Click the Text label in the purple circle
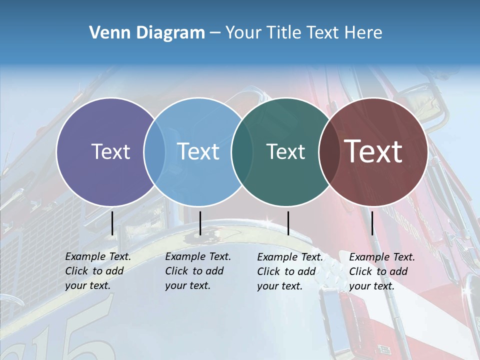click(110, 151)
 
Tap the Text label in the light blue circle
click(198, 151)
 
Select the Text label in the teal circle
click(285, 151)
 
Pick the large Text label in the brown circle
click(373, 151)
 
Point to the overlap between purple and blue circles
click(154, 151)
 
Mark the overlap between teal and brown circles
click(328, 151)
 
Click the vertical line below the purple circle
click(112, 223)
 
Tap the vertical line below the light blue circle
click(200, 223)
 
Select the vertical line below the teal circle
click(288, 223)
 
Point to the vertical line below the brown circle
click(372, 223)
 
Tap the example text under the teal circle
click(289, 271)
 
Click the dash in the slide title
click(215, 33)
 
